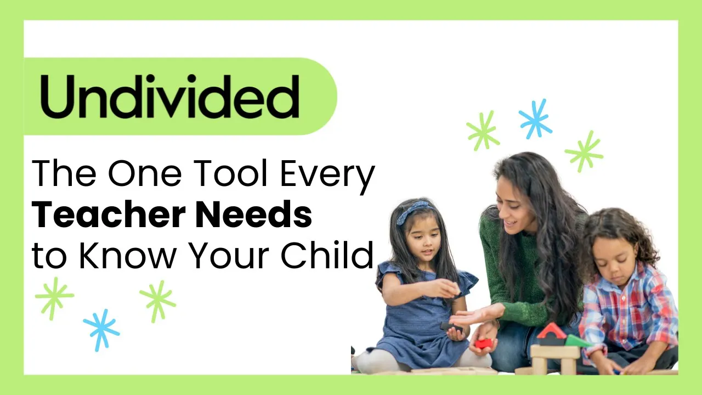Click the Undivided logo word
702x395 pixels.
(170, 96)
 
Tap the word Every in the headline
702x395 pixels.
(327, 177)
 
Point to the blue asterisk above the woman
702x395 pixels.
(535, 119)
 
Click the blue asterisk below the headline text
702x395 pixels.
(101, 330)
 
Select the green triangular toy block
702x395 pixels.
(576, 341)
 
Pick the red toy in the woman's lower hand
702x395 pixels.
(483, 343)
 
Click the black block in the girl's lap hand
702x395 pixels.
(451, 327)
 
